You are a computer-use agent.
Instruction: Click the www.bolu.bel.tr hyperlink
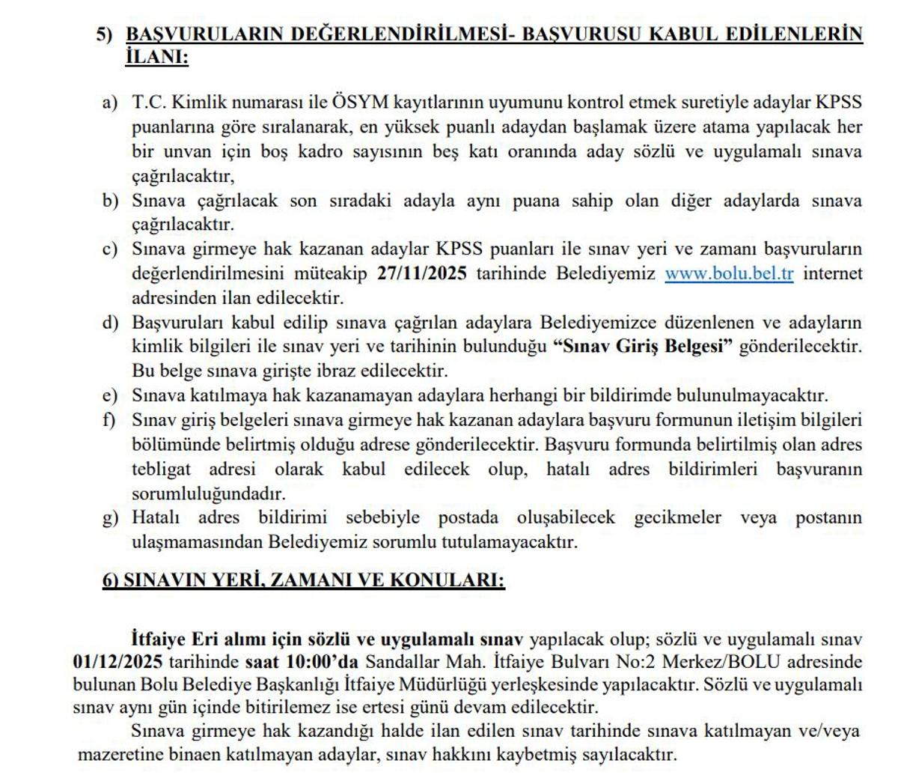pos(728,273)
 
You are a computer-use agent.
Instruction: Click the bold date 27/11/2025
pos(422,273)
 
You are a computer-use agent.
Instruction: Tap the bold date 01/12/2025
pos(118,662)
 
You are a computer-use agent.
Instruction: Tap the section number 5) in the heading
pos(104,34)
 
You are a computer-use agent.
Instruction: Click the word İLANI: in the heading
pos(157,57)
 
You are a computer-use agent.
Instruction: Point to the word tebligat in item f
pos(162,469)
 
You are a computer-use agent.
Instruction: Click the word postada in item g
pos(468,517)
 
